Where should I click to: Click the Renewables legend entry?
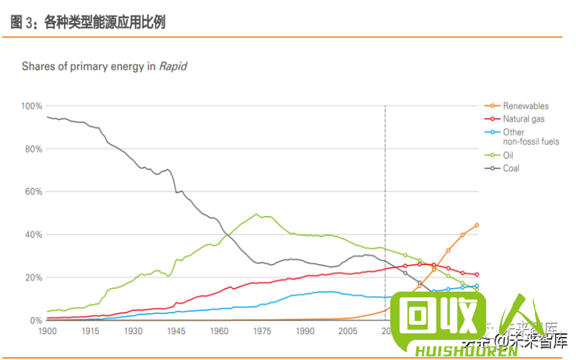click(x=525, y=106)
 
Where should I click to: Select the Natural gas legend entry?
click(x=523, y=119)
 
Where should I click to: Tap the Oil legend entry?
click(x=508, y=155)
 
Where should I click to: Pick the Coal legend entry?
click(x=510, y=168)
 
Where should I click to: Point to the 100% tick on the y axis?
click(x=32, y=106)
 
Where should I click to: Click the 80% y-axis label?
click(x=33, y=149)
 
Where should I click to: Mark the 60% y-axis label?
click(x=33, y=192)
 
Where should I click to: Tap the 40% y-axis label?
click(x=33, y=235)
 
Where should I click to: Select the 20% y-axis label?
click(x=33, y=278)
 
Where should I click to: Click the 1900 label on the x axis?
click(x=47, y=331)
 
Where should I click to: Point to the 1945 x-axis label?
click(x=176, y=331)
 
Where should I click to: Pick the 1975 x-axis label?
click(x=262, y=331)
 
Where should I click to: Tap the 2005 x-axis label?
click(x=348, y=331)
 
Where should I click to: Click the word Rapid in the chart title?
click(x=173, y=66)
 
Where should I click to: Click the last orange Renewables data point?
click(x=477, y=225)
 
